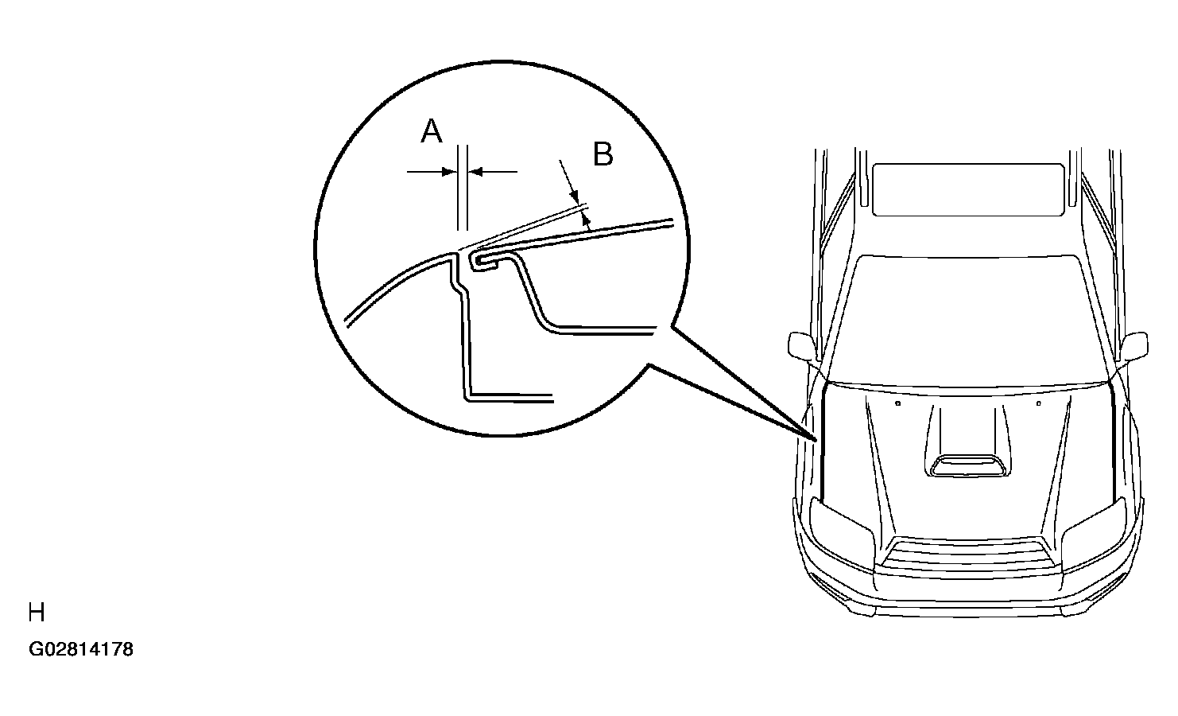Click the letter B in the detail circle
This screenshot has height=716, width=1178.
coord(603,154)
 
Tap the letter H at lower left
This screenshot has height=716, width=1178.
coord(37,613)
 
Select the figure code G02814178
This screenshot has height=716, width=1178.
coord(81,650)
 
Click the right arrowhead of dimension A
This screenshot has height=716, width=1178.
coord(475,171)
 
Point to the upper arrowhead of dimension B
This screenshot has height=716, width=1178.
coord(574,197)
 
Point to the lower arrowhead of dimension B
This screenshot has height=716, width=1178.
coord(587,223)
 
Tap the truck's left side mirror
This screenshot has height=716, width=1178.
coord(801,346)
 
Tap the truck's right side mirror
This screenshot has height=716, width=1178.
coord(1135,346)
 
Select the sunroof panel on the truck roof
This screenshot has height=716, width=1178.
coord(968,189)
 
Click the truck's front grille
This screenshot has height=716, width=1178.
coord(967,554)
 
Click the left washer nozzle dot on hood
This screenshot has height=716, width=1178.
coord(897,404)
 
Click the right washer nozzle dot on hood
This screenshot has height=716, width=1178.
coord(1038,404)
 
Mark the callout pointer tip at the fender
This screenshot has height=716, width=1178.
coord(815,440)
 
